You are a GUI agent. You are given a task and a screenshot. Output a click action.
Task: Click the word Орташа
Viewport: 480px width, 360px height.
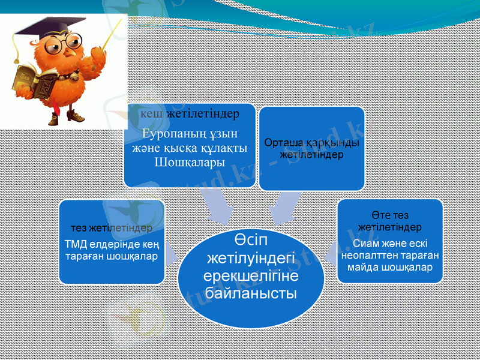[x=283, y=144]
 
